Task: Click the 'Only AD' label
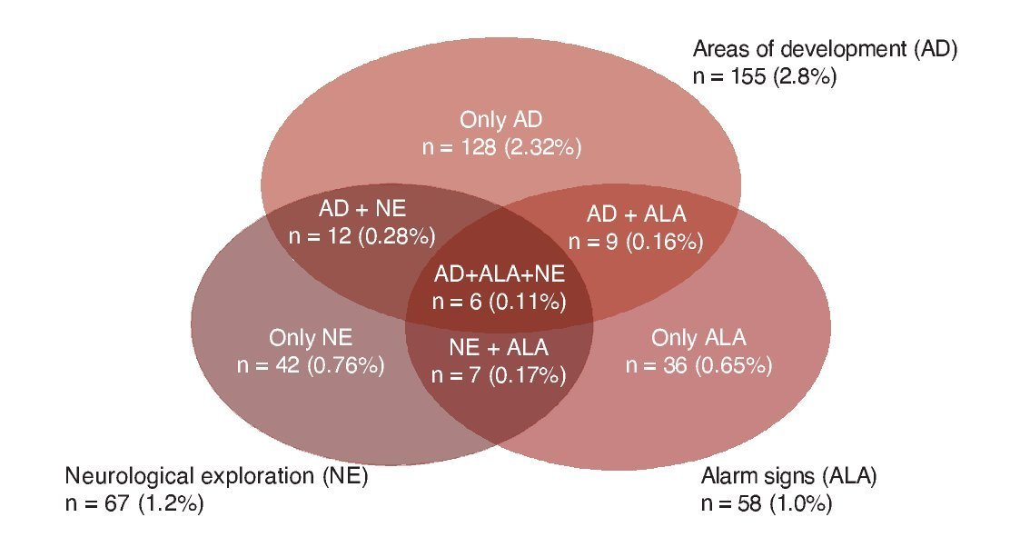pos(501,120)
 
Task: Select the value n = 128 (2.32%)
pos(501,146)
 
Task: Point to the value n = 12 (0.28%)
pos(361,235)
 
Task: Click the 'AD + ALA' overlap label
pos(636,214)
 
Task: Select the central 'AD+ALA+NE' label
pos(500,273)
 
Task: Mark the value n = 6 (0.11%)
pos(500,300)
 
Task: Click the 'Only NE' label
pos(310,339)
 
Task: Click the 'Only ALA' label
pos(698,339)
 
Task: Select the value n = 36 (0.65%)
pos(698,365)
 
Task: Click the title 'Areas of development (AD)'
pos(826,49)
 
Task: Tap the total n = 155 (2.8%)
pos(764,76)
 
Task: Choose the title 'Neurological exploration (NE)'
pos(216,476)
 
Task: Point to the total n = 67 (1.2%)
pos(134,503)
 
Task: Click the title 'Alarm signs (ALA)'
pos(788,476)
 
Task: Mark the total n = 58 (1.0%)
pos(767,503)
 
